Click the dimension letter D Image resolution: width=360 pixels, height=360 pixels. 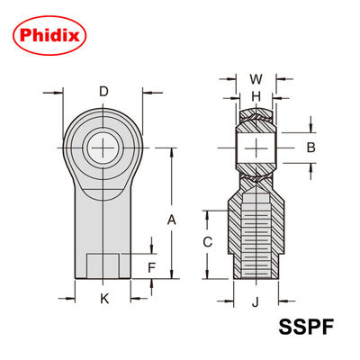point(103,92)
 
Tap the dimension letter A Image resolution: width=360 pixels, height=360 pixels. point(172,219)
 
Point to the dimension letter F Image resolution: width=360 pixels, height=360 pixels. point(152,266)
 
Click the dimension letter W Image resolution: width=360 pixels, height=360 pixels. point(255,78)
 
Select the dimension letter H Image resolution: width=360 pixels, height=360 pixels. point(255,96)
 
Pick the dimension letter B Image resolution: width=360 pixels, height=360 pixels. point(310,146)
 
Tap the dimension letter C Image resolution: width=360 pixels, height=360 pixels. point(207,241)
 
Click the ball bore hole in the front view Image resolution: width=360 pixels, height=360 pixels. point(104,144)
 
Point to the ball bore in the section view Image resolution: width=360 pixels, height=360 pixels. point(256,146)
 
